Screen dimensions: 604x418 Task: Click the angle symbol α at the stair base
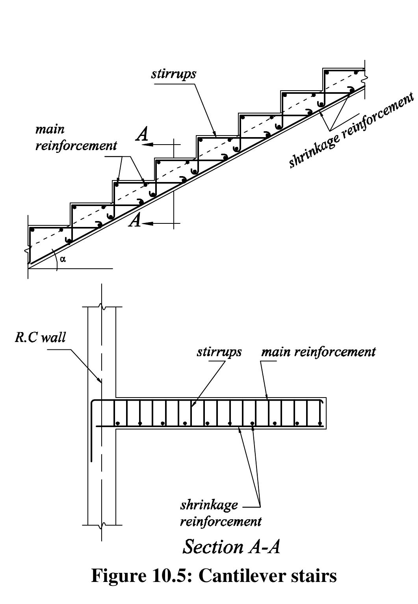(x=63, y=259)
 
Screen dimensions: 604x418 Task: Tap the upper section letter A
(x=142, y=135)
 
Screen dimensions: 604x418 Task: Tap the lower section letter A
(x=135, y=221)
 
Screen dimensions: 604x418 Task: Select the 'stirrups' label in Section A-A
(x=219, y=351)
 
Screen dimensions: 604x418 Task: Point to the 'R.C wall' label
(x=40, y=338)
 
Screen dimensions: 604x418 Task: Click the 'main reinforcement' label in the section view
(x=318, y=351)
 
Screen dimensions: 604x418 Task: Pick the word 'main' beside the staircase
(x=50, y=130)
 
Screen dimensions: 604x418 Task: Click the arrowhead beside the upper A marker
(x=148, y=145)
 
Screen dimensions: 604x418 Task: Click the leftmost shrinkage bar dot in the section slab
(x=117, y=424)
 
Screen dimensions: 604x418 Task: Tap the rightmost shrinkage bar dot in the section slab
(x=320, y=424)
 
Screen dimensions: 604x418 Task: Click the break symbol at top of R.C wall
(x=102, y=307)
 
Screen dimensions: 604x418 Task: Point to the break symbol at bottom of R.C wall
(x=102, y=525)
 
